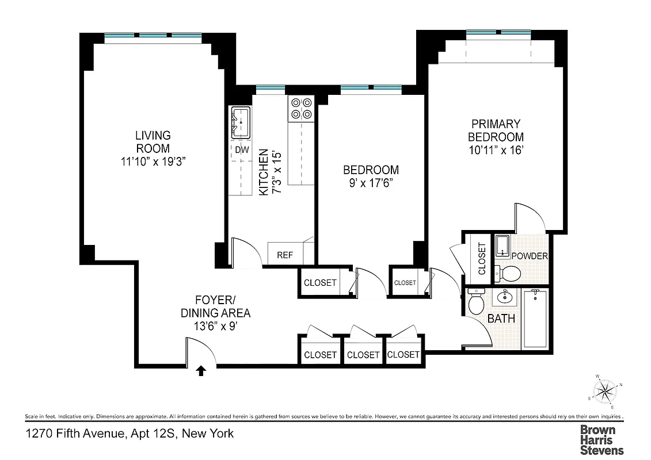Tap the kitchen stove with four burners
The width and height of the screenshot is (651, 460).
click(x=302, y=109)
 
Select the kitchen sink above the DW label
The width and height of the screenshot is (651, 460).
click(x=240, y=122)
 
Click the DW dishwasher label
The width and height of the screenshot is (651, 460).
click(x=241, y=149)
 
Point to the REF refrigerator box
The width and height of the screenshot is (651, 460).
click(x=285, y=255)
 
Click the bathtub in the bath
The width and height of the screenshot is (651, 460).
click(x=535, y=319)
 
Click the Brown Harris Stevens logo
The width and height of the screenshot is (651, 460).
click(x=601, y=440)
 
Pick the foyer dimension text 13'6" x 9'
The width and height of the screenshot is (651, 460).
click(x=216, y=326)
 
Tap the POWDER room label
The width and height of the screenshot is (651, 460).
click(x=529, y=256)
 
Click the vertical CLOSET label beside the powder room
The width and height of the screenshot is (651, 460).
click(x=482, y=258)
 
